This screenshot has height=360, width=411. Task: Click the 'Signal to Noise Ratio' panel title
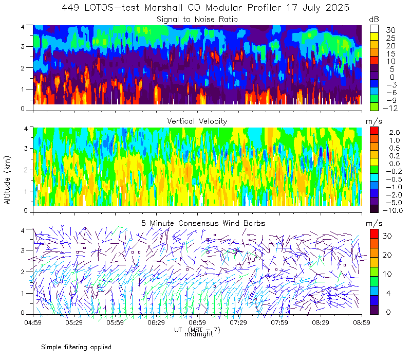coord(197,20)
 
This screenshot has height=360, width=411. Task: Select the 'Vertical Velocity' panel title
coord(197,121)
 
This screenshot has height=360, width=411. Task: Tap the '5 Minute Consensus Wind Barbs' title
coord(203,223)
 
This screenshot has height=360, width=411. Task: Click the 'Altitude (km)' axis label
coord(7,180)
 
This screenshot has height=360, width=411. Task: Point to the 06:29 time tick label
coord(156,322)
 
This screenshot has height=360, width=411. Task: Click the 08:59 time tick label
coord(362,322)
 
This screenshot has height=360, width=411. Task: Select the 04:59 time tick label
coord(33,322)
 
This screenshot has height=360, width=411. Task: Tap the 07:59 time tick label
coord(279,322)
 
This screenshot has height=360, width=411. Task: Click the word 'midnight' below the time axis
coord(199,334)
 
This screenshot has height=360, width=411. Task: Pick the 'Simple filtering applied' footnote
coord(76,348)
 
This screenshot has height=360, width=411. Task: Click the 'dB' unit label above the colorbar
coord(374,20)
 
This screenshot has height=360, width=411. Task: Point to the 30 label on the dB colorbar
coord(390,30)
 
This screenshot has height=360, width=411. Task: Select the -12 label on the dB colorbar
coord(390,108)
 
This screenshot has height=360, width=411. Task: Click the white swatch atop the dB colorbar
coord(374,29)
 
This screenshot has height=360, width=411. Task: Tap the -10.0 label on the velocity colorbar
coord(393,210)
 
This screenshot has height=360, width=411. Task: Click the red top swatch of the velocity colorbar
coord(374,131)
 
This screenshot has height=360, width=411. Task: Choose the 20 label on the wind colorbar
coord(387,255)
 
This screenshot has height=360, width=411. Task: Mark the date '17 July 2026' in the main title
coord(317,8)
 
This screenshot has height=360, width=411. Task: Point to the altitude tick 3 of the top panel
coord(23,46)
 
